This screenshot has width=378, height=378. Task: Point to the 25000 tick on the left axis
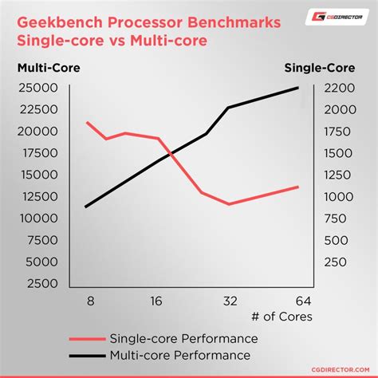click(x=36, y=88)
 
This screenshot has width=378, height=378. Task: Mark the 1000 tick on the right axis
click(x=337, y=196)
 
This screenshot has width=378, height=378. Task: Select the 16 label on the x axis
click(x=156, y=301)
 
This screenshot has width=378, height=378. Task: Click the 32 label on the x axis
click(x=230, y=301)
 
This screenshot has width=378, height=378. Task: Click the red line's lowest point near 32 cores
click(x=230, y=204)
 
